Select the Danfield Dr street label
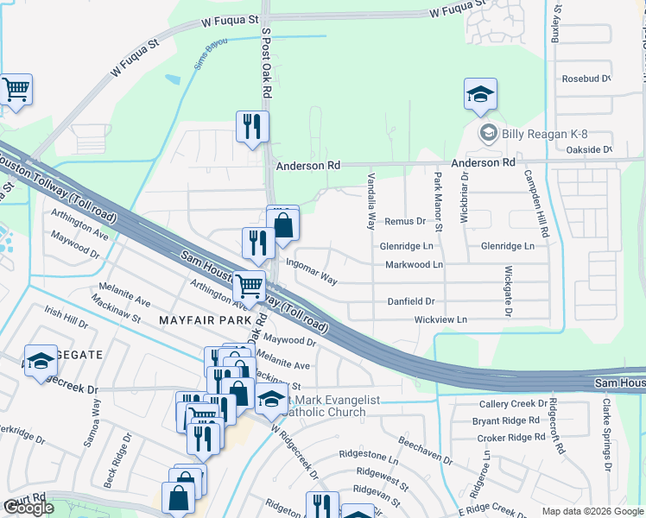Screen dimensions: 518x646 point(411,301)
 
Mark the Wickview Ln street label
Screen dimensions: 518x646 point(440,319)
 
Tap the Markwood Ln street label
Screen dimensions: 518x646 point(414,264)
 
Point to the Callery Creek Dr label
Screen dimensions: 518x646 point(514,404)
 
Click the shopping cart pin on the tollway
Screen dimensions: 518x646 point(250,285)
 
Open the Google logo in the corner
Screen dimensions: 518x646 point(28,508)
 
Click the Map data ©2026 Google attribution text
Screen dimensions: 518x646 point(592,511)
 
